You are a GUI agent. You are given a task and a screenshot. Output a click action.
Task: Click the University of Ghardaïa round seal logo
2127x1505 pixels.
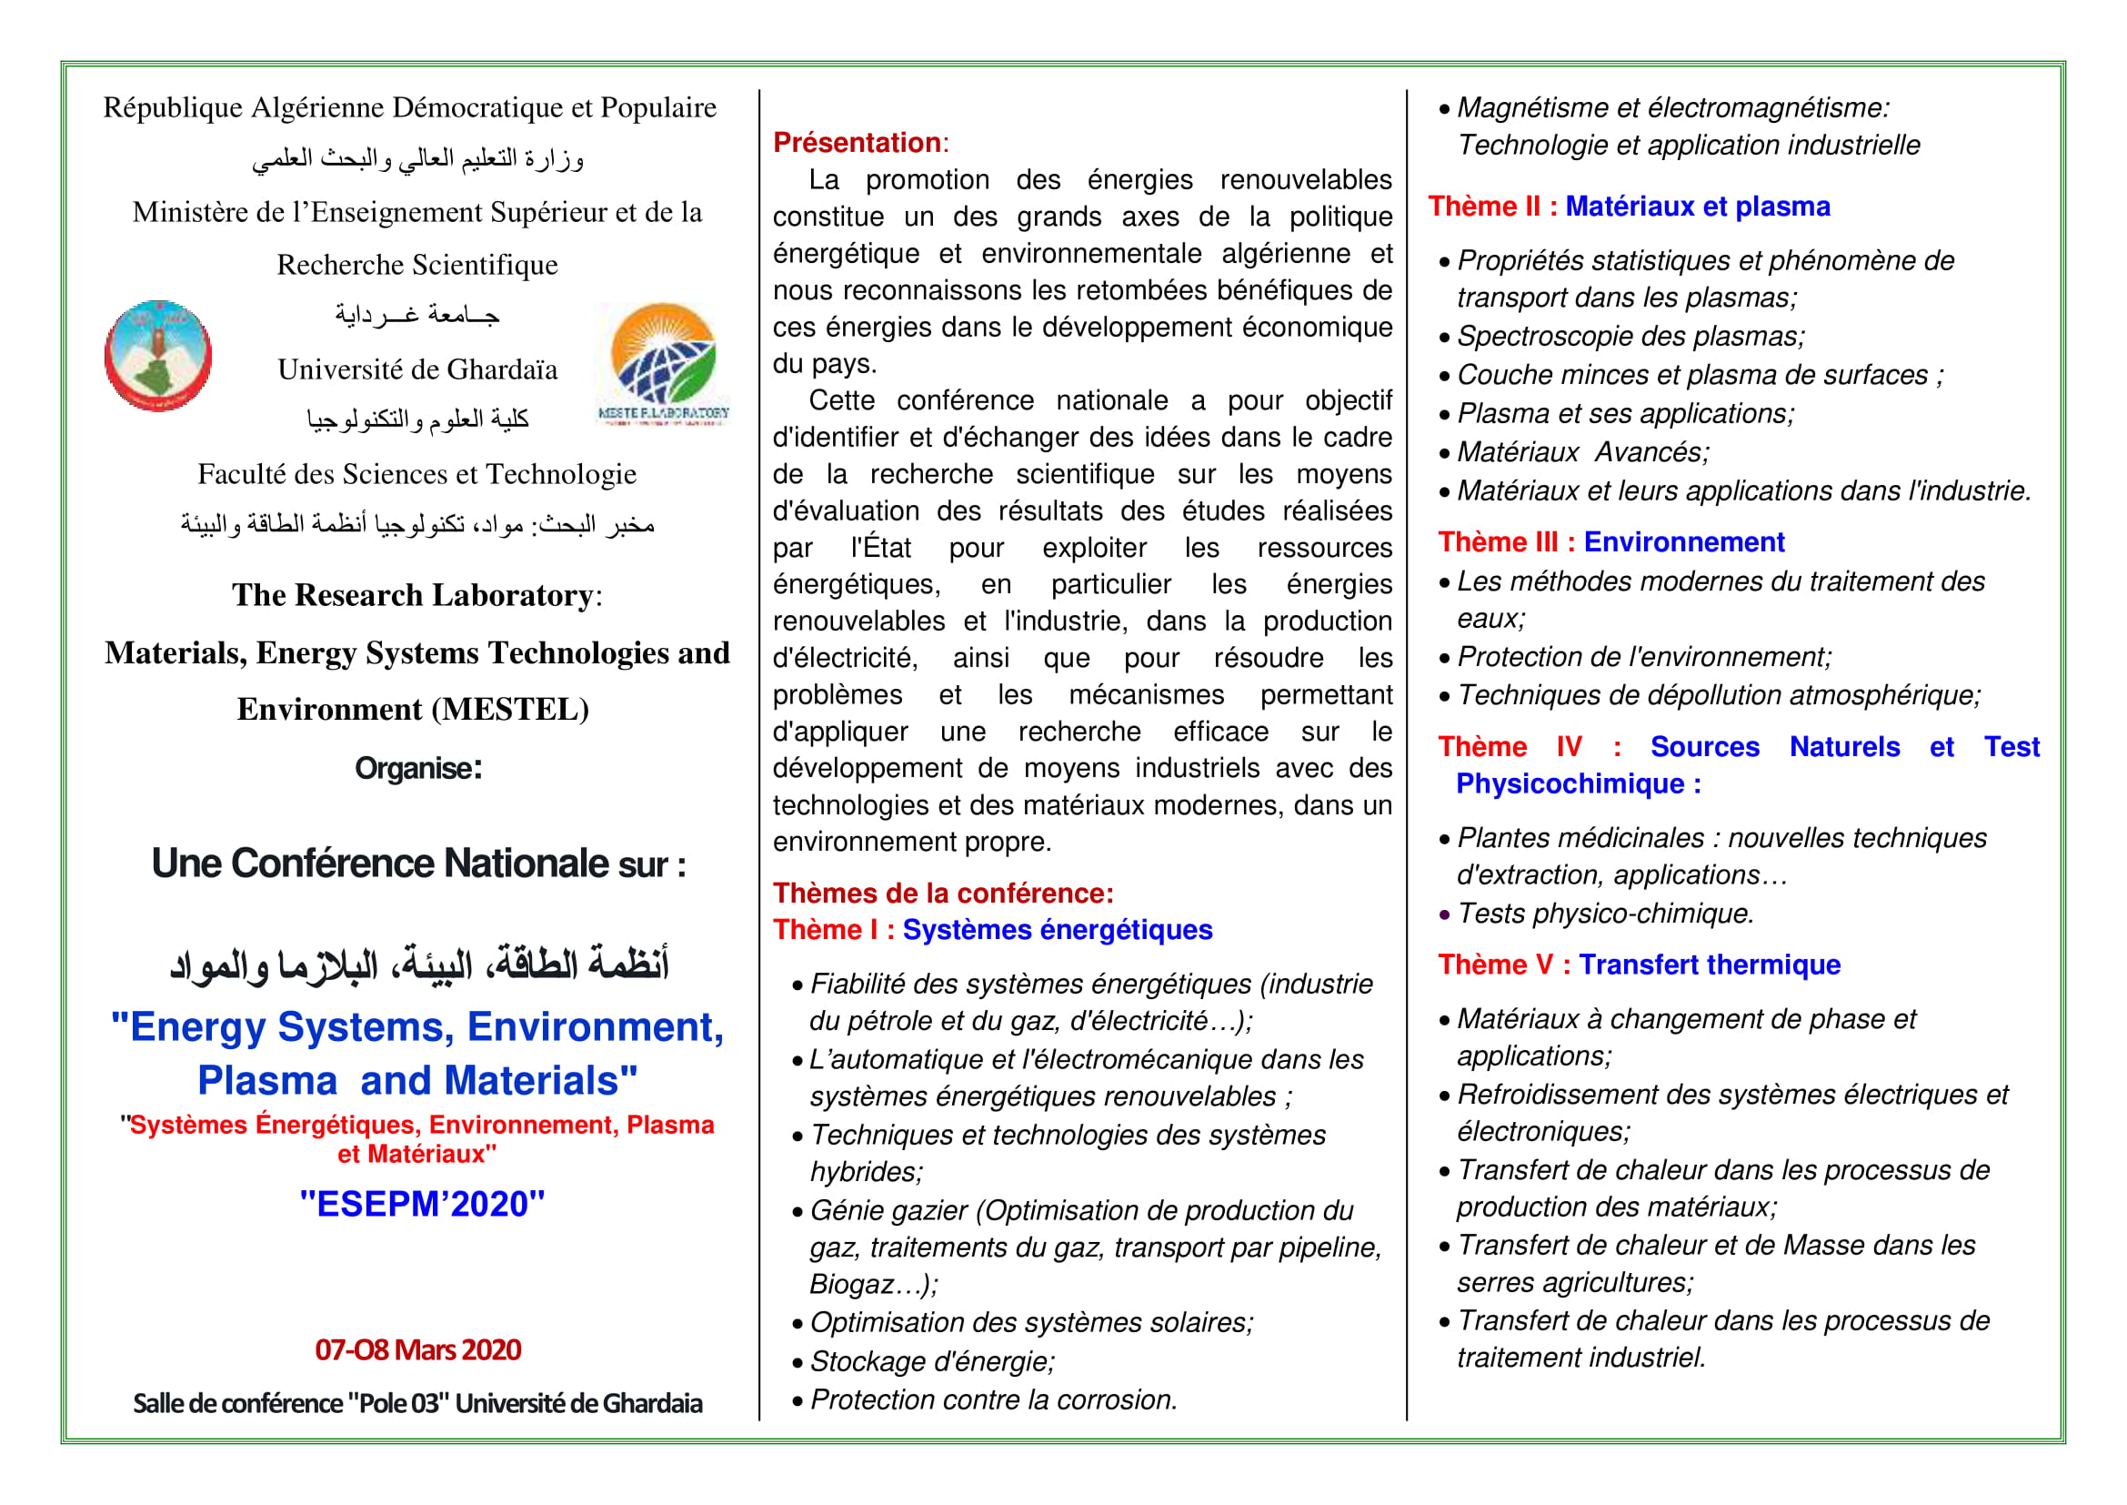tap(157, 356)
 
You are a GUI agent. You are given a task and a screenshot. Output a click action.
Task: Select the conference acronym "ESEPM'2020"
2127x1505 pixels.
tap(423, 1204)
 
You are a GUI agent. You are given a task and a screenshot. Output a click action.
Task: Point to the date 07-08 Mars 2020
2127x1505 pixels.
tap(417, 1349)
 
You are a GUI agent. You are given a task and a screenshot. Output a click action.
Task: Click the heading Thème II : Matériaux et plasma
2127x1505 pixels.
tap(1629, 207)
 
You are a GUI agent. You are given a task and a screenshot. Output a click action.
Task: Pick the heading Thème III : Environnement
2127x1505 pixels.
tap(1610, 542)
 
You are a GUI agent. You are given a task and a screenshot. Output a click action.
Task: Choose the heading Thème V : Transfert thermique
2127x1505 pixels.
tap(1638, 965)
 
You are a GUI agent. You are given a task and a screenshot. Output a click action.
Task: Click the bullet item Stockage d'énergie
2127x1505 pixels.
tap(932, 1361)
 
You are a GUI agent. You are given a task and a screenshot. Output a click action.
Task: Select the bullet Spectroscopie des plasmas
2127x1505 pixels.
tap(1630, 337)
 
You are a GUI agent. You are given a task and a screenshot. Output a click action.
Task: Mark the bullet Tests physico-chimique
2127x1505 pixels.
tap(1604, 914)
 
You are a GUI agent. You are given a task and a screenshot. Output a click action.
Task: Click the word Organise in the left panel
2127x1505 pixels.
tap(417, 768)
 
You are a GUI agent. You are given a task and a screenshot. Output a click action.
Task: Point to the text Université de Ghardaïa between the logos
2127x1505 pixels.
tap(417, 369)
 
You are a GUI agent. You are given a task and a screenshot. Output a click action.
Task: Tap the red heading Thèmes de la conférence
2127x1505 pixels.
tap(943, 894)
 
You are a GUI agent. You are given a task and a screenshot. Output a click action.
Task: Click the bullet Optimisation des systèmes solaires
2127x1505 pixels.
tap(1031, 1322)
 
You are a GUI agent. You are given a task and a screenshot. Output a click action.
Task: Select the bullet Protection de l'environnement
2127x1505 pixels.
tap(1643, 657)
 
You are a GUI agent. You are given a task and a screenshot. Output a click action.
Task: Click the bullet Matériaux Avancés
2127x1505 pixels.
tap(1582, 452)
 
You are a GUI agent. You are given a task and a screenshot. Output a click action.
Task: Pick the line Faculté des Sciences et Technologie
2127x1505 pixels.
tap(416, 474)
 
